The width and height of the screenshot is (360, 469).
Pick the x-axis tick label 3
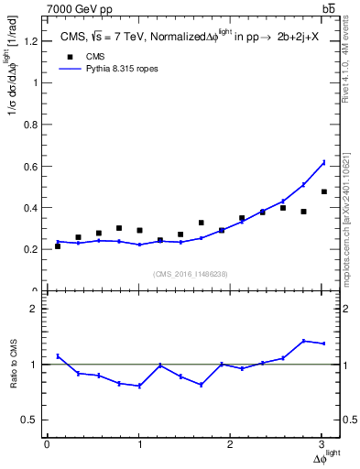(322, 444)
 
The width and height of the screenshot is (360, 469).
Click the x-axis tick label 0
(47, 444)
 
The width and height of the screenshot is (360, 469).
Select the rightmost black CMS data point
(323, 191)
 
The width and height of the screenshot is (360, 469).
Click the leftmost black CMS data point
(58, 246)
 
